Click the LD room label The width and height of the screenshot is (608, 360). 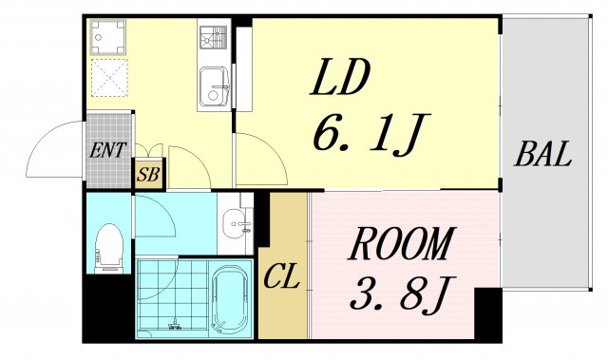pos(339,78)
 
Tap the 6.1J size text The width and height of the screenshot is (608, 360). pos(371,133)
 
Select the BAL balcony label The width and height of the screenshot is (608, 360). pos(542,154)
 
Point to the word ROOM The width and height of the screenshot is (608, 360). pos(400,243)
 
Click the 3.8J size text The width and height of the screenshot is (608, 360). pos(400,294)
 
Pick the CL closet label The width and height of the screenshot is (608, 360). pos(282,275)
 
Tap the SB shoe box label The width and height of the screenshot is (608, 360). pos(148,175)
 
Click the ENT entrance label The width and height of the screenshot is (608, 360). pos(108,150)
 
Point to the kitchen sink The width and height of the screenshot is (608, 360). pos(214,86)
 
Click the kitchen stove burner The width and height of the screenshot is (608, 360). pos(214,37)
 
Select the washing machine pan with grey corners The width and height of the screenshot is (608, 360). pos(108,37)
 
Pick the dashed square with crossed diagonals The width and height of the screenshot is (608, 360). pos(109,78)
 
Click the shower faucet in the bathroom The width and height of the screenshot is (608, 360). pos(176,324)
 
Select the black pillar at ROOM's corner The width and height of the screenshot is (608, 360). pos(488,313)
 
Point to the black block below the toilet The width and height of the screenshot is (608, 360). pos(109,308)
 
